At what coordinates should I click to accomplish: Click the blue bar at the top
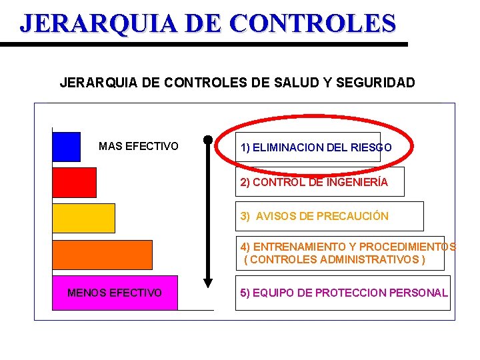[x=66, y=147]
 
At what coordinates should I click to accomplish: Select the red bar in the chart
[x=74, y=182]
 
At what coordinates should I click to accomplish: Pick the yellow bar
[x=83, y=218]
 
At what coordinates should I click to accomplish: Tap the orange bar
[x=102, y=254]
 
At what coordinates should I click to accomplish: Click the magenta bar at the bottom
[x=115, y=293]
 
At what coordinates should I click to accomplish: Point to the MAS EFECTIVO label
[x=139, y=146]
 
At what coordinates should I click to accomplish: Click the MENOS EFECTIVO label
[x=115, y=293]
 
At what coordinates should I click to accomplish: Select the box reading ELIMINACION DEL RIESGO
[x=317, y=147]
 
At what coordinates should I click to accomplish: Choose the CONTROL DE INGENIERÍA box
[x=319, y=182]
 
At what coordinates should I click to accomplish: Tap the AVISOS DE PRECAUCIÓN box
[x=329, y=216]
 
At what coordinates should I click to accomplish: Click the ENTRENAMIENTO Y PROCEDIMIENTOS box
[x=339, y=253]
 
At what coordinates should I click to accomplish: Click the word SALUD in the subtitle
[x=295, y=83]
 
